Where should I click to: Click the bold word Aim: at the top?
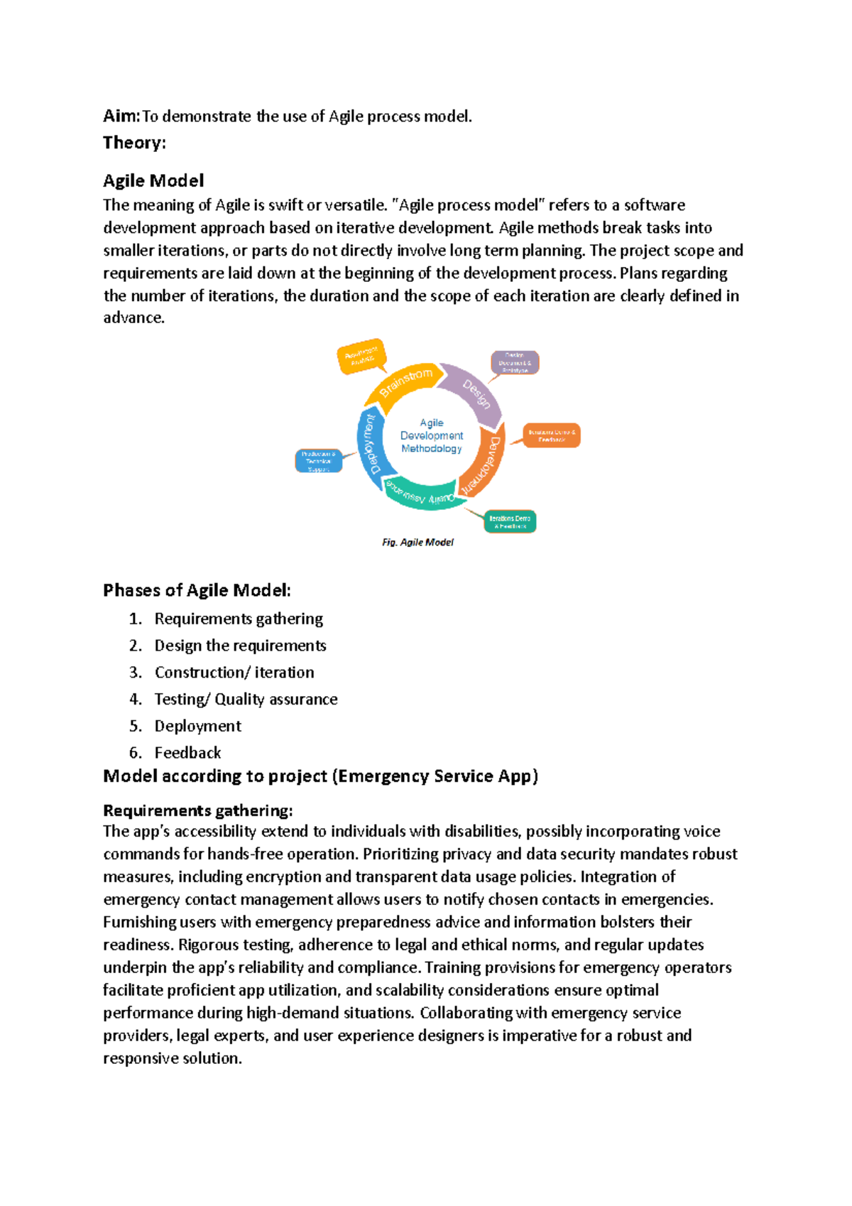(121, 116)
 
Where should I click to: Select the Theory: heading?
(134, 143)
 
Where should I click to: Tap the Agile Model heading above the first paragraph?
(153, 181)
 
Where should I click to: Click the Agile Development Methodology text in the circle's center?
(431, 435)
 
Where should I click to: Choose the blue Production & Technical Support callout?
(318, 461)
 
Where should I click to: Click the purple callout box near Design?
(515, 362)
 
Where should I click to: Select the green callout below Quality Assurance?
(509, 522)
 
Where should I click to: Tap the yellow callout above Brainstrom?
(361, 357)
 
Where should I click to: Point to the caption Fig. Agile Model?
(417, 543)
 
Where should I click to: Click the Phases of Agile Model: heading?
(197, 591)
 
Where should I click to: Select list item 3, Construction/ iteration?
(234, 673)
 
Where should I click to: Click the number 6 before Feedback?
(134, 753)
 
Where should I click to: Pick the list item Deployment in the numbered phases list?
(198, 727)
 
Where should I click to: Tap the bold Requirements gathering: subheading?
(197, 811)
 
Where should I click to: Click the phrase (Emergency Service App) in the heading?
(435, 776)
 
